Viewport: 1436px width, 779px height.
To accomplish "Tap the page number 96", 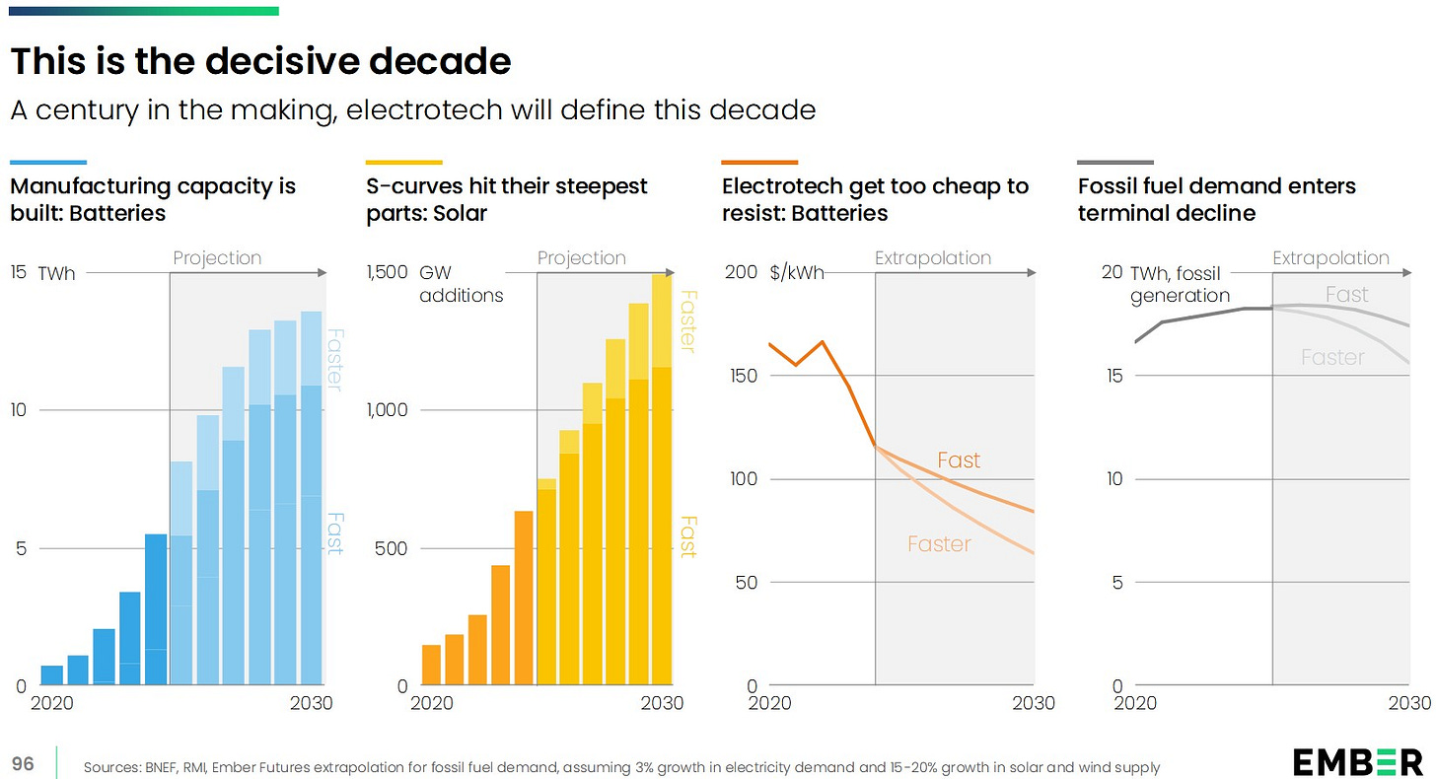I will (x=22, y=764).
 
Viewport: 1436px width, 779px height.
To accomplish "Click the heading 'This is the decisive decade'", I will (x=260, y=62).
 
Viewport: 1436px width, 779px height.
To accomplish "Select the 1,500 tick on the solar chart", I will (x=386, y=272).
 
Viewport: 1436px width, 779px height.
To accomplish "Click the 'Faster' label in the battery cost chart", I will (x=939, y=543).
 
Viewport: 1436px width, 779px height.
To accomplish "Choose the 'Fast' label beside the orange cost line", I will (x=959, y=460).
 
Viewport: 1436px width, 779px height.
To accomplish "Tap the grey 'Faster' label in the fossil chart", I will (x=1332, y=357).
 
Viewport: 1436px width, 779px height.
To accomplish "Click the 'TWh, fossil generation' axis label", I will (x=1180, y=284).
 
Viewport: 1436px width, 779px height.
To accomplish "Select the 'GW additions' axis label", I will (x=461, y=284).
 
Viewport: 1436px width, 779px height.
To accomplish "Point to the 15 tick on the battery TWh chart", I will (x=18, y=272).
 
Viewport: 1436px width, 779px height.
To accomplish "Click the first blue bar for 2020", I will (x=52, y=675).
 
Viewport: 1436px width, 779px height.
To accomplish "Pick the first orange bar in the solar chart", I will (x=431, y=665).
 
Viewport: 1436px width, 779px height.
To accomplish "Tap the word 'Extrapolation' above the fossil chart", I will (x=1330, y=258).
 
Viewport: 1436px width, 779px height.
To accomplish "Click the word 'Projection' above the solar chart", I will (x=582, y=258).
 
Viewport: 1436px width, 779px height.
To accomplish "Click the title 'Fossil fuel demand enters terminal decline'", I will (x=1216, y=199).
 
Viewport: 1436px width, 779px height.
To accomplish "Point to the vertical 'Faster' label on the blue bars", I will (x=333, y=360).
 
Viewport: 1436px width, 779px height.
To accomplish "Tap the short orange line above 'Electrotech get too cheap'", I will (x=759, y=162).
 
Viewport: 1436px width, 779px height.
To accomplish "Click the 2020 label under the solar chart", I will (x=431, y=703).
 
